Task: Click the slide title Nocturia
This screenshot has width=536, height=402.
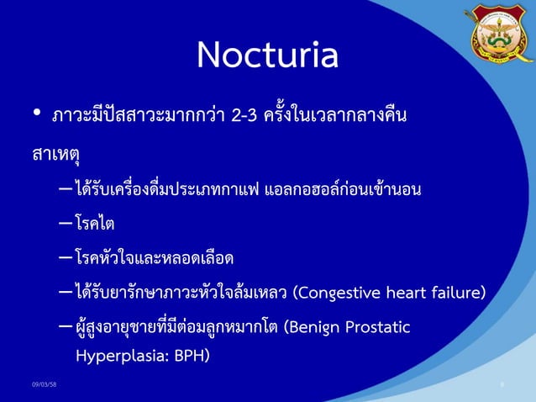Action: click(267, 56)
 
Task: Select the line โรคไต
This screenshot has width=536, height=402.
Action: click(94, 225)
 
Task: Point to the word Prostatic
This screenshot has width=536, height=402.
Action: click(378, 326)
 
